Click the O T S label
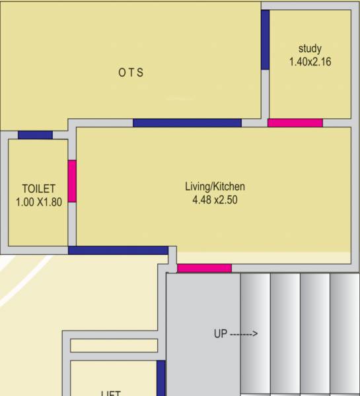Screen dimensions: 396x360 [131, 73]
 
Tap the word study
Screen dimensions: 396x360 [310, 48]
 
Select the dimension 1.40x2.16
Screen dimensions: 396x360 [310, 61]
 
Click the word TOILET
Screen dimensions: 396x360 [38, 189]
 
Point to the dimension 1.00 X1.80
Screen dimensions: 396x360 [38, 202]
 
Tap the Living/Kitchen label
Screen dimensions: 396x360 [215, 187]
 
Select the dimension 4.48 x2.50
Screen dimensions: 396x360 [215, 200]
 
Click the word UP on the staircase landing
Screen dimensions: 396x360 [220, 334]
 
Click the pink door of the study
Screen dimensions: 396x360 [295, 123]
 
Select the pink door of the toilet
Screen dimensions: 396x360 [72, 181]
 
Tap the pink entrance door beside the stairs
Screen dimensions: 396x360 [204, 268]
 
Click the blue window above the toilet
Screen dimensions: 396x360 [35, 135]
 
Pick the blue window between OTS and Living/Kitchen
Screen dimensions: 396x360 [187, 123]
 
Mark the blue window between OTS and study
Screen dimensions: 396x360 [265, 40]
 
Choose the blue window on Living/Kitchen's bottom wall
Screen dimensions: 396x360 [118, 250]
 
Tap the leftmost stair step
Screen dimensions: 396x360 [255, 333]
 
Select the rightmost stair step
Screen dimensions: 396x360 [345, 333]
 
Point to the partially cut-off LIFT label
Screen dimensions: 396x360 [110, 393]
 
